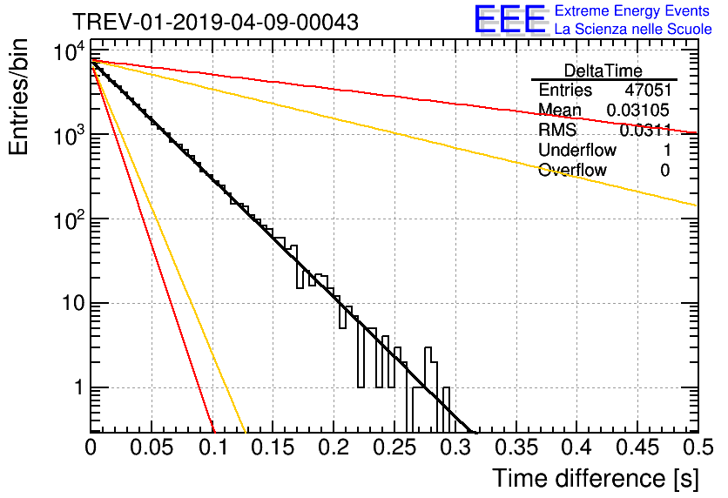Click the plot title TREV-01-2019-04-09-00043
pos(215,22)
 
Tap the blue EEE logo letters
pos(510,19)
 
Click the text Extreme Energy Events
pos(632,10)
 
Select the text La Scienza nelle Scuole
pos(633,30)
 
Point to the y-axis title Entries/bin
pos(18,97)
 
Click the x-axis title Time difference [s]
pos(596,479)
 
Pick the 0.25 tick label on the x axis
pos(394,448)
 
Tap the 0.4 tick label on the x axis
pos(576,448)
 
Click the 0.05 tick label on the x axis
pos(152,448)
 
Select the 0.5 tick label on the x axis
pos(698,448)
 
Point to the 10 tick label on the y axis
pos(75,303)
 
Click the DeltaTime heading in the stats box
pos(603,71)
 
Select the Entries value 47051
pos(648,90)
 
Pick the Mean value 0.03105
pos(638,110)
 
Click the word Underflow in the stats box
pos(577,150)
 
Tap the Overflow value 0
pos(665,171)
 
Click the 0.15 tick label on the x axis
pos(273,448)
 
